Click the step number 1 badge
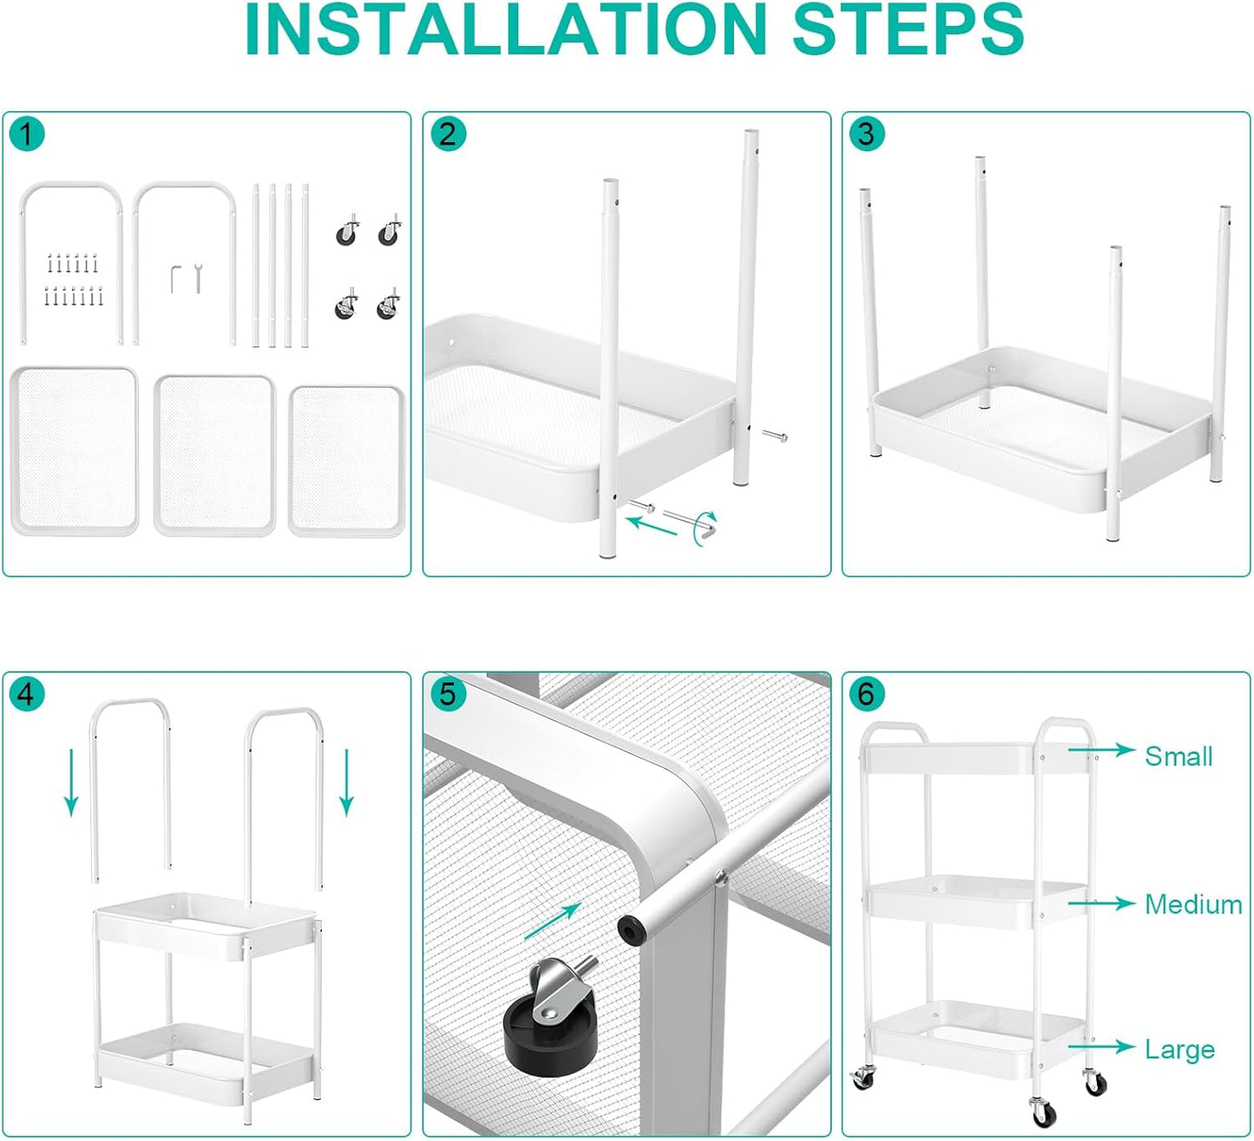point(27,134)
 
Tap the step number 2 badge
point(448,134)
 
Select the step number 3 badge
point(866,134)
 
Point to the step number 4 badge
point(27,694)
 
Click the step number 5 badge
point(448,694)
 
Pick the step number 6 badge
point(866,694)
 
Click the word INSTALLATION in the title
point(506,30)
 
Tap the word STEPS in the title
point(909,30)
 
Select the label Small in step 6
point(1178,757)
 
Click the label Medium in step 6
point(1193,905)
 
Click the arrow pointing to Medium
point(1101,903)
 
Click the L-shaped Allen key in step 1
point(175,279)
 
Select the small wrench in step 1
point(198,278)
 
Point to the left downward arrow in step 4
point(72,782)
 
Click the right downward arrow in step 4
point(346,782)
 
